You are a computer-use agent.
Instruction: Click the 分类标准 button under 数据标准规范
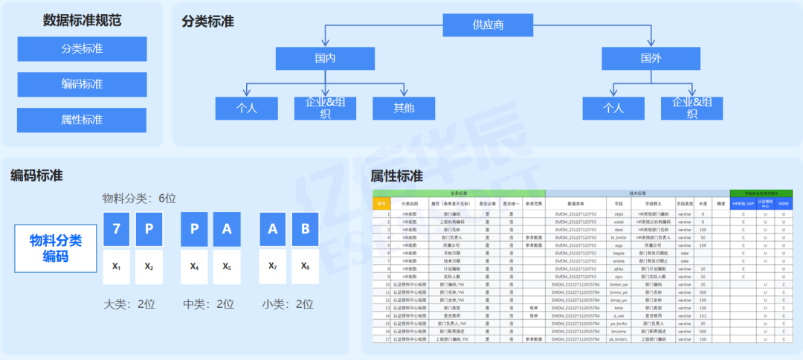pos(82,49)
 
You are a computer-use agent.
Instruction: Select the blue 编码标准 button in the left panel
pos(82,85)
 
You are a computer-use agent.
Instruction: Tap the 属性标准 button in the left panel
pos(82,120)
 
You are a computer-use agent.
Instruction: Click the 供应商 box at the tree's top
pos(488,25)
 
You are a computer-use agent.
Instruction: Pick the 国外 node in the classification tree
pos(651,59)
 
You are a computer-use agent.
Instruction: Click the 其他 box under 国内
pos(404,108)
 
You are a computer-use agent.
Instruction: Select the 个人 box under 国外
pos(613,108)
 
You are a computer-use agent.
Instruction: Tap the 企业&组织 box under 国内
pos(325,108)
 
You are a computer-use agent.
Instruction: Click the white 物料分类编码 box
pos(56,248)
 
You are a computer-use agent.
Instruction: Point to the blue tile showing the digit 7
pos(117,229)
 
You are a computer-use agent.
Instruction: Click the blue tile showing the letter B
pos(305,229)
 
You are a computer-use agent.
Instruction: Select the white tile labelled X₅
pos(227,266)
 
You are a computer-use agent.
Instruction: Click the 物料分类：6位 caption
pos(139,199)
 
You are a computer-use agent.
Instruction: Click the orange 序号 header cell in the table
pos(381,203)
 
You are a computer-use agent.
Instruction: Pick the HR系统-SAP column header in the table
pos(743,203)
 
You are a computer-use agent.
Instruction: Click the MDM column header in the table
pos(783,203)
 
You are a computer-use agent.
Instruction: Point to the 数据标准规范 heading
pos(82,20)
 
